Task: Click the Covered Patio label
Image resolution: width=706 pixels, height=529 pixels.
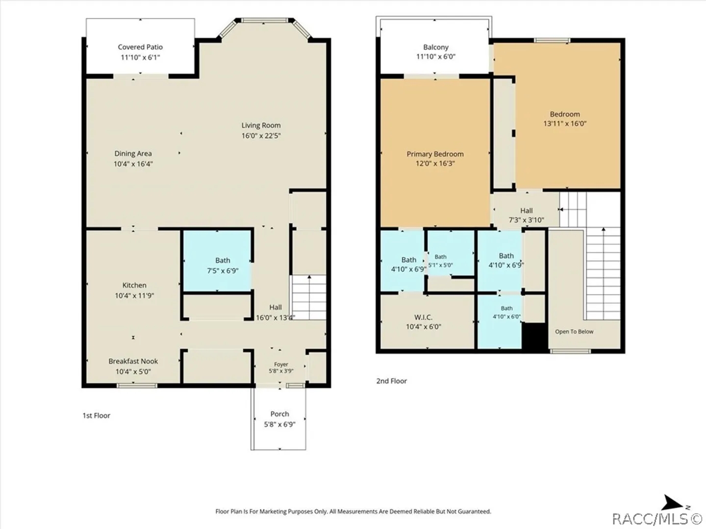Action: point(140,47)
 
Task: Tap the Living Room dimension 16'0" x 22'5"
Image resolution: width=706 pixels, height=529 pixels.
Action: point(261,136)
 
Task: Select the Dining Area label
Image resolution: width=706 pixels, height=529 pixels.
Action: point(133,153)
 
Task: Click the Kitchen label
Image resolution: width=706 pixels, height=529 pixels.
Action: point(134,285)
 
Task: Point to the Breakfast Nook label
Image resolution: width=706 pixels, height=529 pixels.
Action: point(133,361)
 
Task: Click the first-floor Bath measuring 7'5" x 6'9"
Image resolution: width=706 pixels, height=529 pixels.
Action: point(223,265)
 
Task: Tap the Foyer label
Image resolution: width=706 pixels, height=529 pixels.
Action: point(281,364)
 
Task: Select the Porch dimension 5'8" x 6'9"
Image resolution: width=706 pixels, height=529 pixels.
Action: point(280,424)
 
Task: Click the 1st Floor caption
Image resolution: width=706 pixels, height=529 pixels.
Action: point(97,416)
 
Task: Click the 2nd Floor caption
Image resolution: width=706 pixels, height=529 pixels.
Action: point(391,381)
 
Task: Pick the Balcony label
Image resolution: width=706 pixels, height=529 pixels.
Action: point(436,47)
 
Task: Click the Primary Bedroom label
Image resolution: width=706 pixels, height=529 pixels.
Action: point(435,154)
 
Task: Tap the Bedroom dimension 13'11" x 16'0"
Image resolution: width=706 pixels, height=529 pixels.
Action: point(565,123)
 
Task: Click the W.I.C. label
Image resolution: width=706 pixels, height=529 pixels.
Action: point(423,317)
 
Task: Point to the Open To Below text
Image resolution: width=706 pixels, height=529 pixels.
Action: point(574,332)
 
